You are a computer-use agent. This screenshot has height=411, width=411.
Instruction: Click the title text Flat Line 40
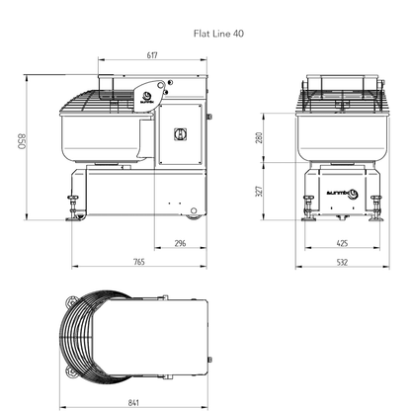point(218,32)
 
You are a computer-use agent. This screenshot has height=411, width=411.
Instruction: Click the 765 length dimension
point(138,262)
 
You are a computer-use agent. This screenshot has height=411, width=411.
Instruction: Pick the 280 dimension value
point(287,139)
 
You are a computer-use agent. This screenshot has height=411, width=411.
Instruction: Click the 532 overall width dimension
point(341,262)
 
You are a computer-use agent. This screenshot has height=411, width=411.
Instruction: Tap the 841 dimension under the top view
point(132,403)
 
